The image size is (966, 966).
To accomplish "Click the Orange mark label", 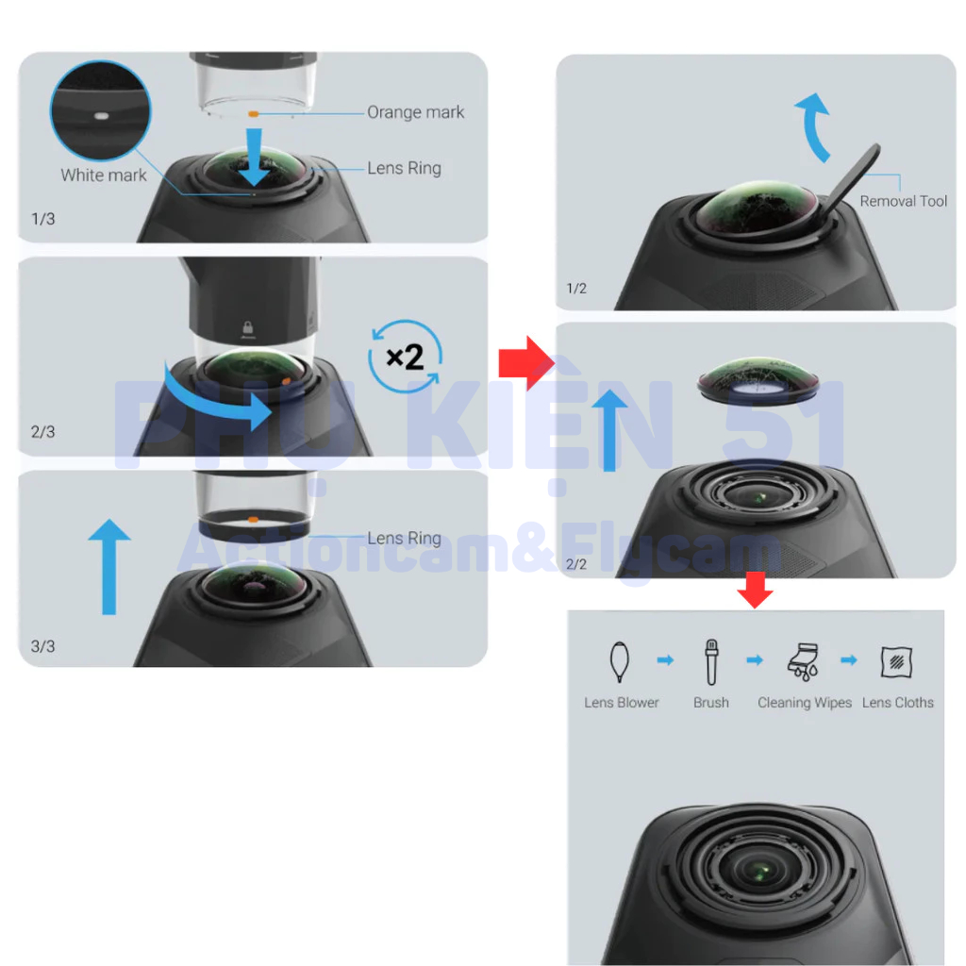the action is (x=415, y=112).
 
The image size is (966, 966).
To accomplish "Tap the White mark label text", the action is (x=104, y=175).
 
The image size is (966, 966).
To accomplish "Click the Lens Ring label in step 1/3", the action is (x=404, y=168).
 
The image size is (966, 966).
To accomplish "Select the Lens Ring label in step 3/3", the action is (x=404, y=538).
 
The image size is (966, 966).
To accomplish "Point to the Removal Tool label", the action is (x=903, y=201).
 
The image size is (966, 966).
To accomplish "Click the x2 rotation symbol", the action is (x=405, y=356).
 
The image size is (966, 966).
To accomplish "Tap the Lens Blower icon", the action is (x=619, y=661).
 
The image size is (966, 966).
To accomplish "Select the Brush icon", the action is (x=711, y=661).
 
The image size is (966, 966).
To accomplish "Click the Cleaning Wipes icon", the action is (x=803, y=661).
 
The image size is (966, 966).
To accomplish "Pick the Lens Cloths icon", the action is (x=896, y=661).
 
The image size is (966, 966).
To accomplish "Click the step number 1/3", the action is (x=43, y=219).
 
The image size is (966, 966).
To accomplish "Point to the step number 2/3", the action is (x=43, y=432).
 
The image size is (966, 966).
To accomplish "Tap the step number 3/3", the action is (x=43, y=646).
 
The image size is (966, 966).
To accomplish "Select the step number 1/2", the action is (x=576, y=289).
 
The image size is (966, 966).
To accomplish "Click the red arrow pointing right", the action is (x=526, y=363).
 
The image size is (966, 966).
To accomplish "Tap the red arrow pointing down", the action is (x=756, y=590).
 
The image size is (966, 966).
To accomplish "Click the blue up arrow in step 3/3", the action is (x=109, y=566).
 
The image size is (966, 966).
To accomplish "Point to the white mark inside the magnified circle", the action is (x=101, y=116).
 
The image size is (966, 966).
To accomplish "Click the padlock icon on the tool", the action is (x=248, y=327).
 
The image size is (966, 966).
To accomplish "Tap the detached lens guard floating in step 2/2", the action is (x=758, y=377).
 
